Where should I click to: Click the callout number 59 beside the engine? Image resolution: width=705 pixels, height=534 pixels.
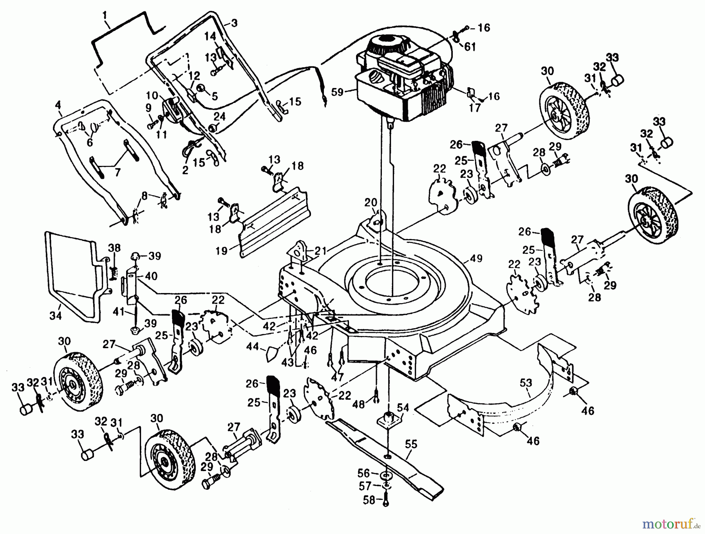point(337,93)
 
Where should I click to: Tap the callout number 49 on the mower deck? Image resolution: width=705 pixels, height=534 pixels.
point(477,259)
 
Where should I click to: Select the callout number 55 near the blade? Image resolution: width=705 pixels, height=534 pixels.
point(411,444)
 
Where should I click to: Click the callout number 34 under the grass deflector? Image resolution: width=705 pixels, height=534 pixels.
point(56,315)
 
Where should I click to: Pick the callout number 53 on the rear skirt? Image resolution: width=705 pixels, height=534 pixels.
point(526,383)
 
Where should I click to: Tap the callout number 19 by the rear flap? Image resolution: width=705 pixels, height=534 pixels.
point(222,250)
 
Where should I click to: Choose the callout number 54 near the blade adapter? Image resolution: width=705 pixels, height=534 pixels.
point(403,408)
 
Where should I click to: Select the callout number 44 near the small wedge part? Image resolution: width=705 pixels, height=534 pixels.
point(253,346)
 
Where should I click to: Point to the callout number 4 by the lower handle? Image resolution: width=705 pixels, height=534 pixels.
point(58,105)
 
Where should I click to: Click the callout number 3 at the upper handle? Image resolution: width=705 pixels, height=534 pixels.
point(234,23)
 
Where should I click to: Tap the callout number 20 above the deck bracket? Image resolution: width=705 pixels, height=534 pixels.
point(371,203)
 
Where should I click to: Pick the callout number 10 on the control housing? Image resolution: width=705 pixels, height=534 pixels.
point(152,95)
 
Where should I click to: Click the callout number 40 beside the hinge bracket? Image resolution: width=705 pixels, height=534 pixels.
point(151,276)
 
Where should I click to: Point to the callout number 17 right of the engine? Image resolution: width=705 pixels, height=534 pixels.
point(474,108)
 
